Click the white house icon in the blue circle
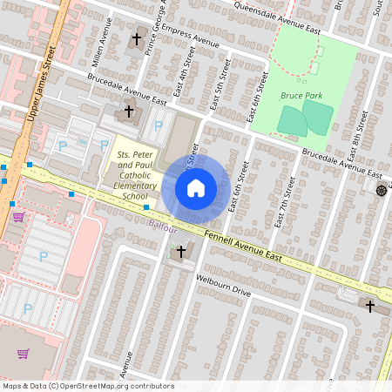coord(196,187)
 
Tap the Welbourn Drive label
coord(223,287)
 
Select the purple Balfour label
coord(162,226)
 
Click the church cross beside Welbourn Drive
coord(181,252)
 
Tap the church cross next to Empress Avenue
coord(136,39)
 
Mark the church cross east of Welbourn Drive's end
coord(369,306)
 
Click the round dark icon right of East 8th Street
coord(381,190)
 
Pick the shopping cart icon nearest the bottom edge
coord(24,354)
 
